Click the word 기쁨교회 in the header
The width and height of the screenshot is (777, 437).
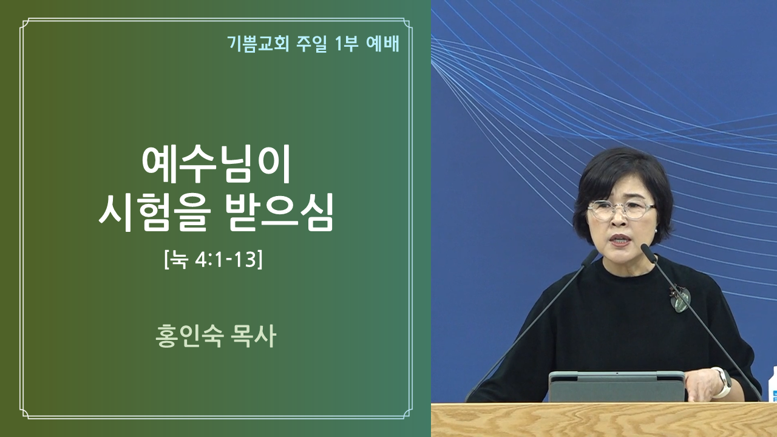(x=258, y=44)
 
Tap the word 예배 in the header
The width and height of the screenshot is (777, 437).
(x=382, y=44)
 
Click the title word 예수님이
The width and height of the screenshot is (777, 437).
(x=215, y=164)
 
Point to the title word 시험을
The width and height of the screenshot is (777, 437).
(x=155, y=212)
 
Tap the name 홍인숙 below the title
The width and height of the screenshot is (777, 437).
(x=189, y=336)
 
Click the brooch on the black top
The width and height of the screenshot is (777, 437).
(x=679, y=298)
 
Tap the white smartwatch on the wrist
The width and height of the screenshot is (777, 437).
(x=723, y=382)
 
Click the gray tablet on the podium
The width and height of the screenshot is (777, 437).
(x=616, y=387)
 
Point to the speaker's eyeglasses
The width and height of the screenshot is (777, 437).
(x=621, y=209)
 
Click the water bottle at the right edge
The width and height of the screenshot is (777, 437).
(x=773, y=384)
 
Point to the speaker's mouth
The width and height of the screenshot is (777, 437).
(x=620, y=240)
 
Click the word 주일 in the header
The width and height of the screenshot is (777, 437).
(x=311, y=44)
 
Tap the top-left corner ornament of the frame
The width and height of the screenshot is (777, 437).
(x=25, y=23)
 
